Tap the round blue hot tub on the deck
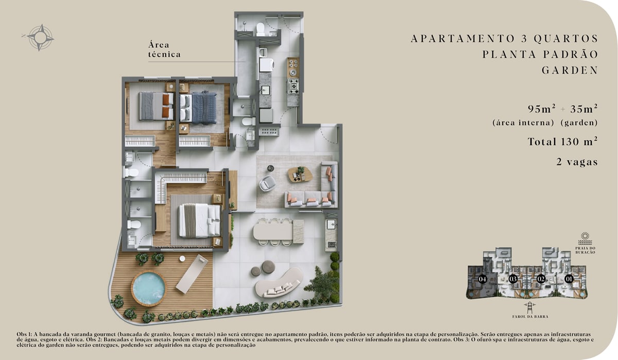[149, 288]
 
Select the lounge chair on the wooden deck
[192, 273]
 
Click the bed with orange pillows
[156, 106]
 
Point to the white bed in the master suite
[200, 220]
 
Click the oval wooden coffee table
[300, 175]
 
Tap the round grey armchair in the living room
[267, 183]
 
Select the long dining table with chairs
[279, 232]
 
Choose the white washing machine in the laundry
[266, 65]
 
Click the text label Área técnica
[164, 49]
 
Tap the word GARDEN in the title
[570, 71]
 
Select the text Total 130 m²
[562, 141]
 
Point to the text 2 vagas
[577, 162]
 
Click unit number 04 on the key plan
[482, 279]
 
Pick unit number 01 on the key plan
[569, 279]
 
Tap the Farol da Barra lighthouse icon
[530, 308]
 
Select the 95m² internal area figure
[542, 109]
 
